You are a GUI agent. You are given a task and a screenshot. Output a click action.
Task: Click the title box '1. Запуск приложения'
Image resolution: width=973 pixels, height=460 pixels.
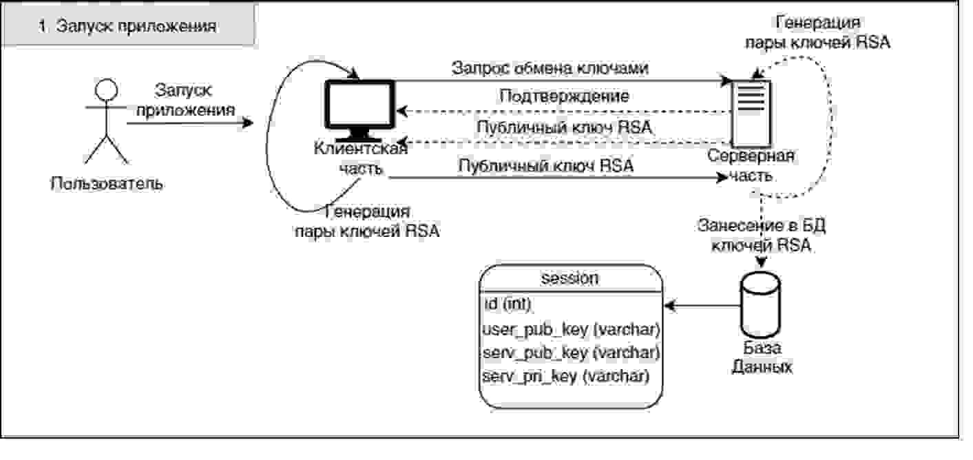[129, 25]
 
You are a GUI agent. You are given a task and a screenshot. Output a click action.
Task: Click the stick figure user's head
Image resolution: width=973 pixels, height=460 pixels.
[107, 89]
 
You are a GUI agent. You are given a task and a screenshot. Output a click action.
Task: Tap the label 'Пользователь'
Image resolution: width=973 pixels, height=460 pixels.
[107, 184]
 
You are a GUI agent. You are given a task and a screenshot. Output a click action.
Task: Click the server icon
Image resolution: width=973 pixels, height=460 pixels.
[752, 114]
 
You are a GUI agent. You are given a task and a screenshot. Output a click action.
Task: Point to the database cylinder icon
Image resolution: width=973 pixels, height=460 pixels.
[760, 304]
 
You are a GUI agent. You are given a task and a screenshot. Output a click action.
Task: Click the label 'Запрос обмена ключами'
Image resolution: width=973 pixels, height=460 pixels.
[550, 67]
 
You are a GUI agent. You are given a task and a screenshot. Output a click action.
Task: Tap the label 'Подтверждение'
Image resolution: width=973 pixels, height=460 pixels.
[564, 96]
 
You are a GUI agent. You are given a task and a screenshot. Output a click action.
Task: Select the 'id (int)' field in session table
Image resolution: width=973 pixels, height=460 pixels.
[508, 304]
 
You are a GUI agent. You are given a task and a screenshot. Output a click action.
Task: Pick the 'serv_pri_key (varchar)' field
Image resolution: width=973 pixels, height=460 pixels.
[565, 375]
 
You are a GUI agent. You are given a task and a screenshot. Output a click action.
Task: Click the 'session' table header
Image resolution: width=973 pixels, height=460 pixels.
[570, 278]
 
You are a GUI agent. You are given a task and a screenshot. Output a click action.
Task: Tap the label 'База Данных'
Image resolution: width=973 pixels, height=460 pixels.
[762, 357]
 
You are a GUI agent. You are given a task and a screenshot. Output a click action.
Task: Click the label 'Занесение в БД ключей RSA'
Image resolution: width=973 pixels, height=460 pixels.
[762, 236]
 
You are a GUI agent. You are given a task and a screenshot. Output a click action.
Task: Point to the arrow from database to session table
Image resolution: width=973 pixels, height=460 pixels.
[702, 306]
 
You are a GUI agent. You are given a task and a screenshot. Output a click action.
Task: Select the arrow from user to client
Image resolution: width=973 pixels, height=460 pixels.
[190, 123]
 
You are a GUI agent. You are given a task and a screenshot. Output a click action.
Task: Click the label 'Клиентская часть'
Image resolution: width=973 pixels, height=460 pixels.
[361, 158]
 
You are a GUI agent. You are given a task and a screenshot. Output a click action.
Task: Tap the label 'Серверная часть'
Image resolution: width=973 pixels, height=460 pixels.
[751, 165]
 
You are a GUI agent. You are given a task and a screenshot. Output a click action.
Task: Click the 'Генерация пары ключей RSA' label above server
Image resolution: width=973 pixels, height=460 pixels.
[817, 32]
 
